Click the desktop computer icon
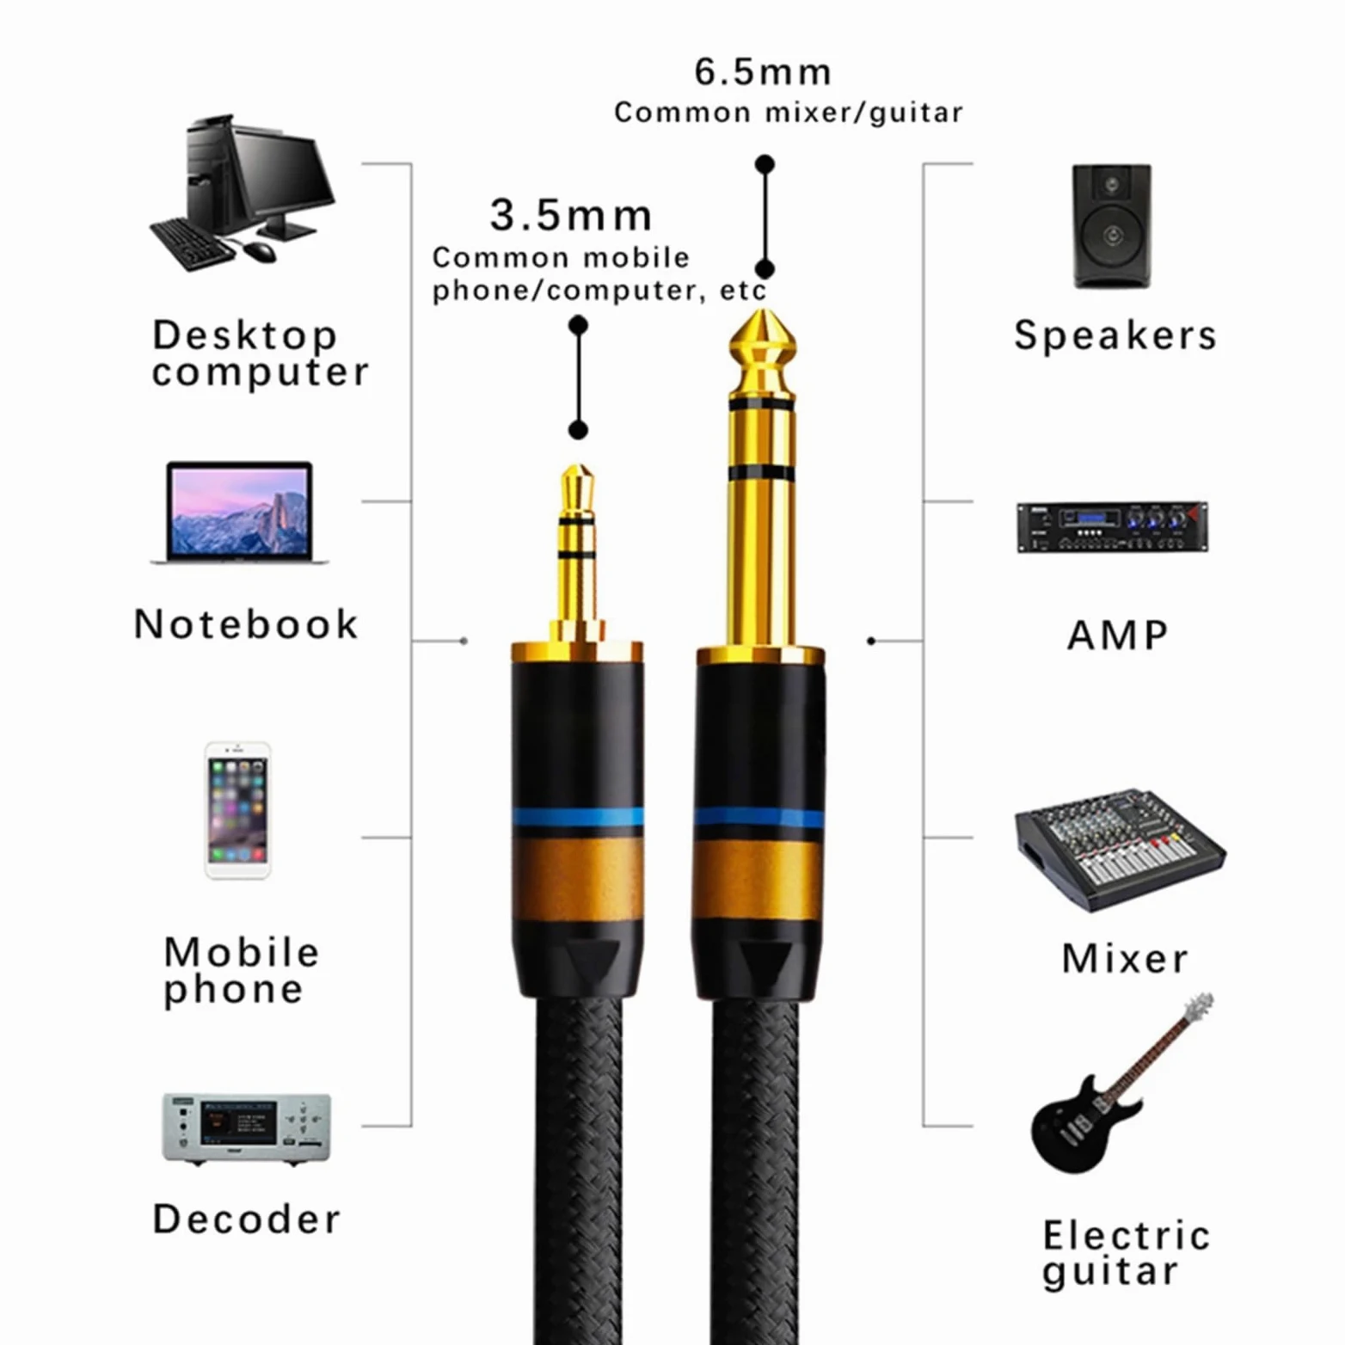(x=243, y=194)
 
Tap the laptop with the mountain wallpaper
(x=239, y=513)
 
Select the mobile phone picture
(x=238, y=810)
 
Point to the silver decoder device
(x=247, y=1128)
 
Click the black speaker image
(x=1112, y=226)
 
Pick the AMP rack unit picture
(x=1112, y=526)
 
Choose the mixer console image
(x=1121, y=849)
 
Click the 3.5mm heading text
(x=571, y=215)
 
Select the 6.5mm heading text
(x=764, y=72)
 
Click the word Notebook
(x=246, y=624)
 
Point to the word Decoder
(x=247, y=1219)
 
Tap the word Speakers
(x=1115, y=335)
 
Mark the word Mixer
(x=1125, y=958)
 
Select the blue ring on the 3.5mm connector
(x=578, y=817)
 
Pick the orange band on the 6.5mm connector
(x=759, y=880)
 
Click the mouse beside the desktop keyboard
(x=260, y=251)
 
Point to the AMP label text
(x=1118, y=636)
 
